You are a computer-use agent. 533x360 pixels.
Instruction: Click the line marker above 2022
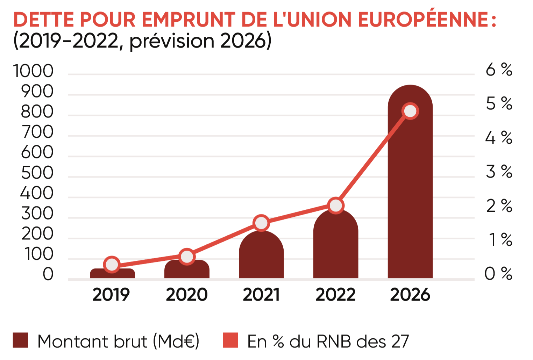(336, 206)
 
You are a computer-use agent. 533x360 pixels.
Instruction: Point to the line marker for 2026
(410, 111)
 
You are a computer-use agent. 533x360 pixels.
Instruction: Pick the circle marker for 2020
(187, 257)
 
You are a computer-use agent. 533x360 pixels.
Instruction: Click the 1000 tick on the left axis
(34, 71)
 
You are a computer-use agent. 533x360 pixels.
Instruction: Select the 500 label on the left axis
(37, 173)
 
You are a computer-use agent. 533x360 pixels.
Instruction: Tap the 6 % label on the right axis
(499, 70)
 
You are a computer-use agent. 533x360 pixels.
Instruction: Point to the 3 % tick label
(499, 172)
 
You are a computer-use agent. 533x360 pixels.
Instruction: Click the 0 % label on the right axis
(499, 274)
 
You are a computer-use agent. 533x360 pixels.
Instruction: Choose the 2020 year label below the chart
(187, 295)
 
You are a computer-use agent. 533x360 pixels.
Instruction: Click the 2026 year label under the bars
(410, 295)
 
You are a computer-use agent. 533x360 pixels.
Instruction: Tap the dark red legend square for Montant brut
(20, 340)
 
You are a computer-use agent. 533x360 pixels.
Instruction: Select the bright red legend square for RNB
(230, 340)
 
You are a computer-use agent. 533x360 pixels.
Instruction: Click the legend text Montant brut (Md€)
(118, 341)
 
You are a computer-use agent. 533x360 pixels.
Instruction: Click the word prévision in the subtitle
(172, 41)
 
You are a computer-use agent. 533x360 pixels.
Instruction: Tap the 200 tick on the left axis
(37, 233)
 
